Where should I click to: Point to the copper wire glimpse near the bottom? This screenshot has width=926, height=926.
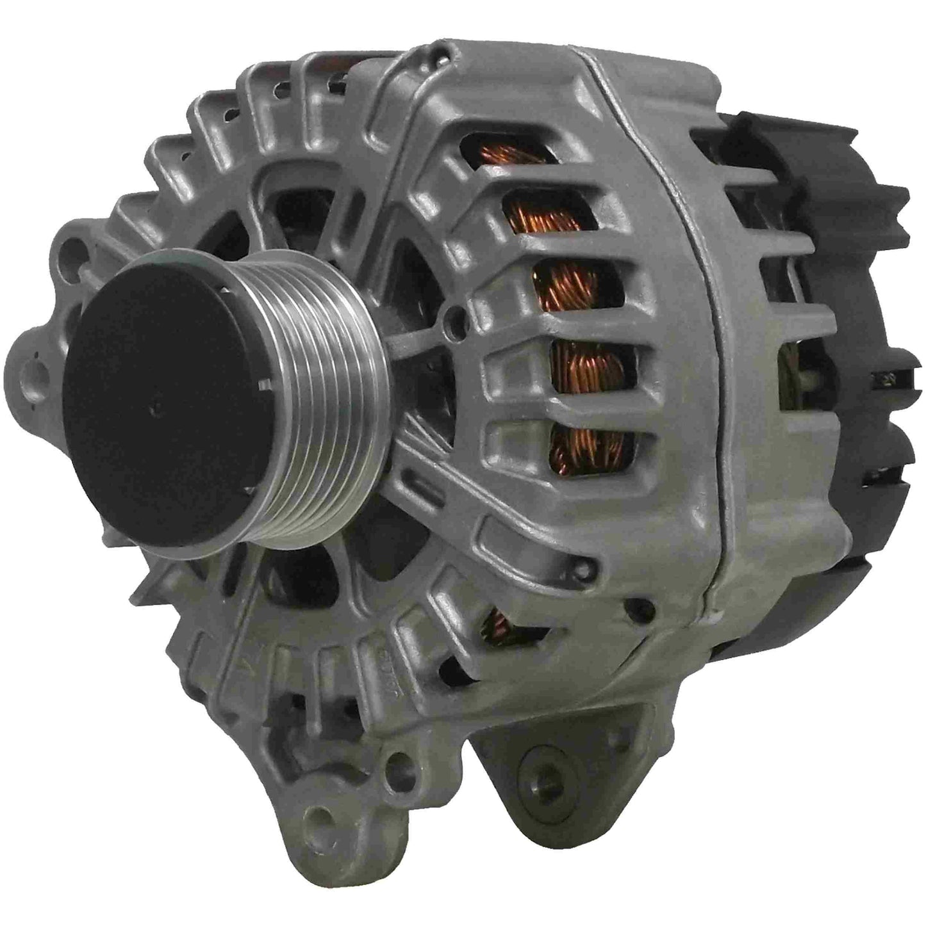point(497,625)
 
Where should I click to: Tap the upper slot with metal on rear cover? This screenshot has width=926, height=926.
point(888,378)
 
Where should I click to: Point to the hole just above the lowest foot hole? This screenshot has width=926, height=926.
point(401,763)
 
